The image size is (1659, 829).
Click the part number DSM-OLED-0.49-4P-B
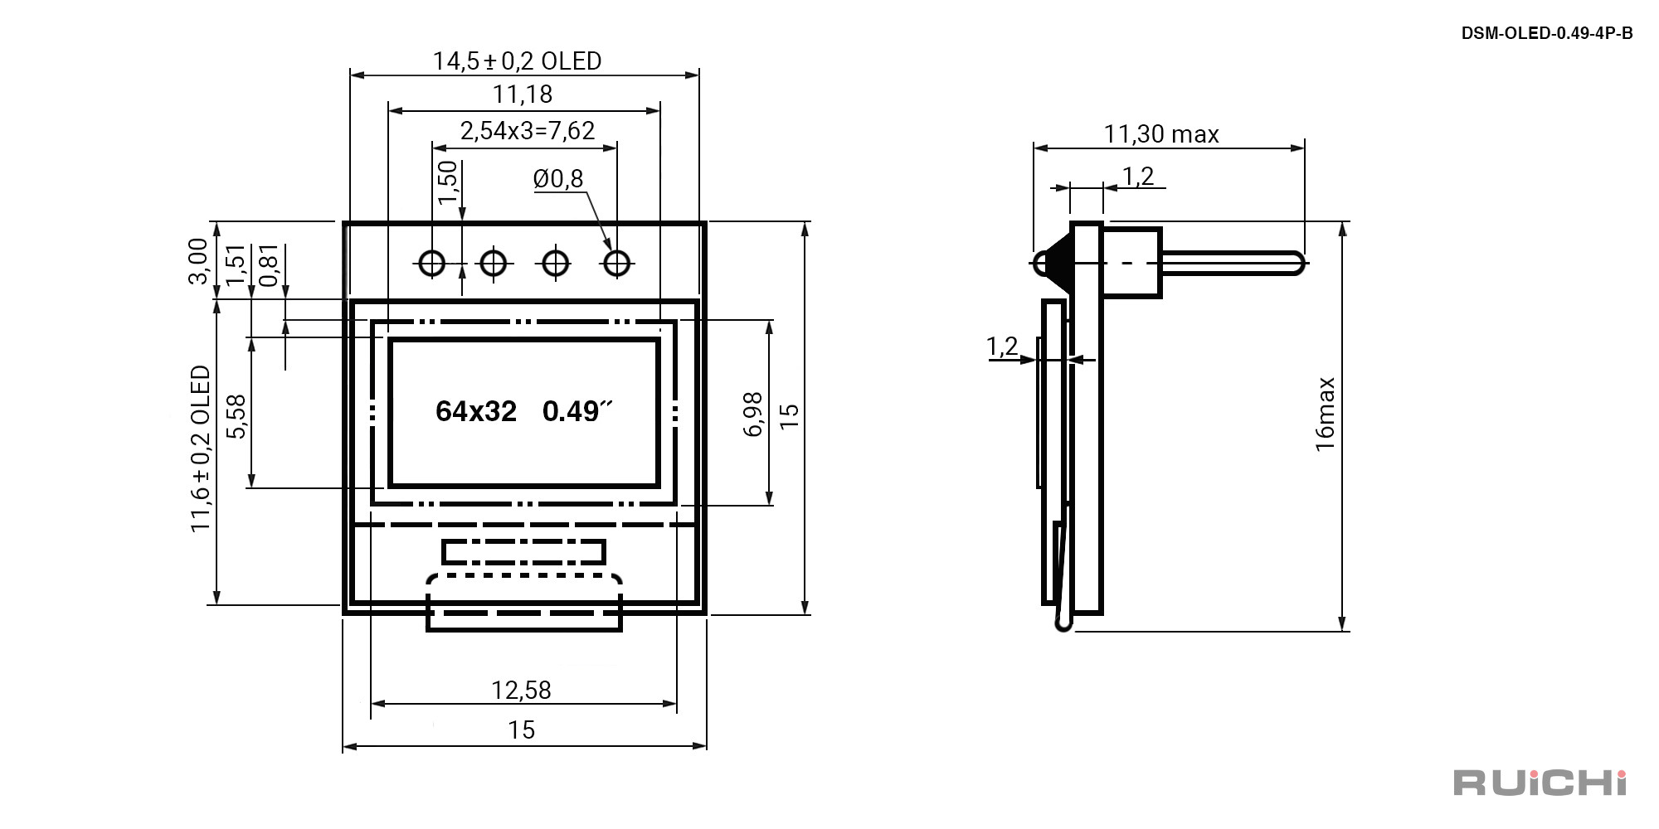[x=1547, y=33]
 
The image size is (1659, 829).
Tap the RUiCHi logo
[x=1540, y=783]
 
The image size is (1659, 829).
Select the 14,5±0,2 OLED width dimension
[x=517, y=61]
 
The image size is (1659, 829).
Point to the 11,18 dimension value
[x=523, y=95]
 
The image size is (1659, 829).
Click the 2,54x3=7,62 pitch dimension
[x=528, y=131]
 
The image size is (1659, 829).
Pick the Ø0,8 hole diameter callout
[x=558, y=178]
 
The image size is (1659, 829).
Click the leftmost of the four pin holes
[x=432, y=264]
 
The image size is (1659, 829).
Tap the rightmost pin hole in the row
[x=616, y=264]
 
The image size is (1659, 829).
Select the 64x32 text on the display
[x=476, y=411]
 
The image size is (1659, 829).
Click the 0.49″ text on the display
[x=577, y=411]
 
